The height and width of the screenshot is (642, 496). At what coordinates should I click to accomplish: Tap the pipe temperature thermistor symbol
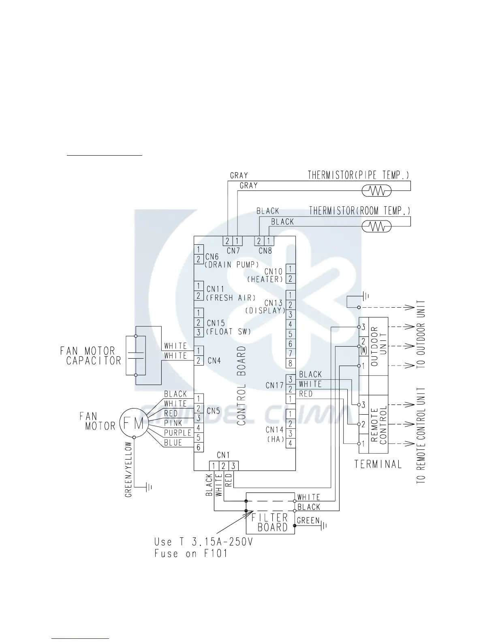coord(376,190)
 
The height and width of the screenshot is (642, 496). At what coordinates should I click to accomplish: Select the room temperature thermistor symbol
coord(376,226)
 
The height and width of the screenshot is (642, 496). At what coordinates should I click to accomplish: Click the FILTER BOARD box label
coord(270,522)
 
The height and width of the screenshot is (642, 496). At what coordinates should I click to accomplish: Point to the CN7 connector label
coord(233,251)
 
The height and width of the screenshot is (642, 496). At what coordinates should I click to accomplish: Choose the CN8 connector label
coord(265,251)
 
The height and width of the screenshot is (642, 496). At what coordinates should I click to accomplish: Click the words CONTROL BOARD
coord(242,385)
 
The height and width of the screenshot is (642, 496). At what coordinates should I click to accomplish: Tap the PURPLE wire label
coord(177,433)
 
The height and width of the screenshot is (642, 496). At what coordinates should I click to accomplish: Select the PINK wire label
coord(173,423)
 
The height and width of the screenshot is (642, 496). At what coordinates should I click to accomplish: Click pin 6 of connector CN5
coord(199,447)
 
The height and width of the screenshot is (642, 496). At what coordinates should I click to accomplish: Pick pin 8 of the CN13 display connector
coord(291,364)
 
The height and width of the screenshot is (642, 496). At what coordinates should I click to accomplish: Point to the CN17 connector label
coord(274,385)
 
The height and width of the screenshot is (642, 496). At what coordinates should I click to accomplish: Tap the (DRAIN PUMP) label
coord(232,265)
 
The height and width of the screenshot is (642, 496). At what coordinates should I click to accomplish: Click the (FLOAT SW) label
coord(229,332)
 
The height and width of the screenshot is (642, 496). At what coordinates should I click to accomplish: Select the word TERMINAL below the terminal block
coord(378,464)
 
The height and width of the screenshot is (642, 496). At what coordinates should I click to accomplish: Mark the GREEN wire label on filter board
coord(308,521)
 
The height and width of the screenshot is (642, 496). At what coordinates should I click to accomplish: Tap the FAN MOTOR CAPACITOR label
coord(90,355)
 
